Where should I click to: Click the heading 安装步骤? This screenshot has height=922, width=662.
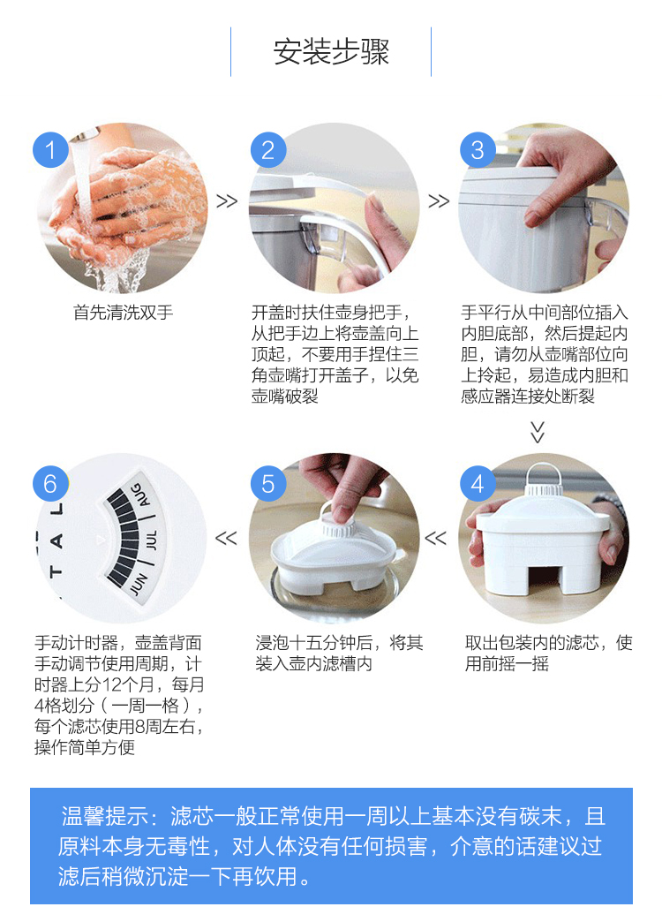tap(331, 52)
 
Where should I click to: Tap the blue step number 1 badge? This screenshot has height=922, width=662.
tap(50, 149)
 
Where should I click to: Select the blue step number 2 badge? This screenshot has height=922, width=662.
tap(268, 149)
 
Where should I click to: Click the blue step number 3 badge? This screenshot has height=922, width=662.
tap(478, 149)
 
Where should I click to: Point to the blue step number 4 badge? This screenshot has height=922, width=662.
tap(478, 483)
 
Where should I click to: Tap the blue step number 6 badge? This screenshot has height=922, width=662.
tap(50, 483)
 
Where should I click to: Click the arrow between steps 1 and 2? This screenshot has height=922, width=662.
tap(227, 201)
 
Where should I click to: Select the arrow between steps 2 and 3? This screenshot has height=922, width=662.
tap(439, 201)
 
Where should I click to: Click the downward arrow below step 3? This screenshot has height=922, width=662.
tap(538, 432)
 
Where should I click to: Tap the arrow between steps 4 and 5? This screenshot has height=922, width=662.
tap(436, 538)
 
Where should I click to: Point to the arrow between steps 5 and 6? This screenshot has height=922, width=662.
tap(226, 538)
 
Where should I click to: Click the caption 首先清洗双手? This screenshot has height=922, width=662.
tap(123, 313)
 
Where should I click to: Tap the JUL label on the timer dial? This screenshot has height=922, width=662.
tap(151, 540)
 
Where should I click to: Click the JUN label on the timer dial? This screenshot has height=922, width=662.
tap(139, 583)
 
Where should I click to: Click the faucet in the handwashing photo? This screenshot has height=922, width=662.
tap(86, 133)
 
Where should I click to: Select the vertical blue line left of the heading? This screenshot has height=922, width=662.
tap(230, 52)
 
